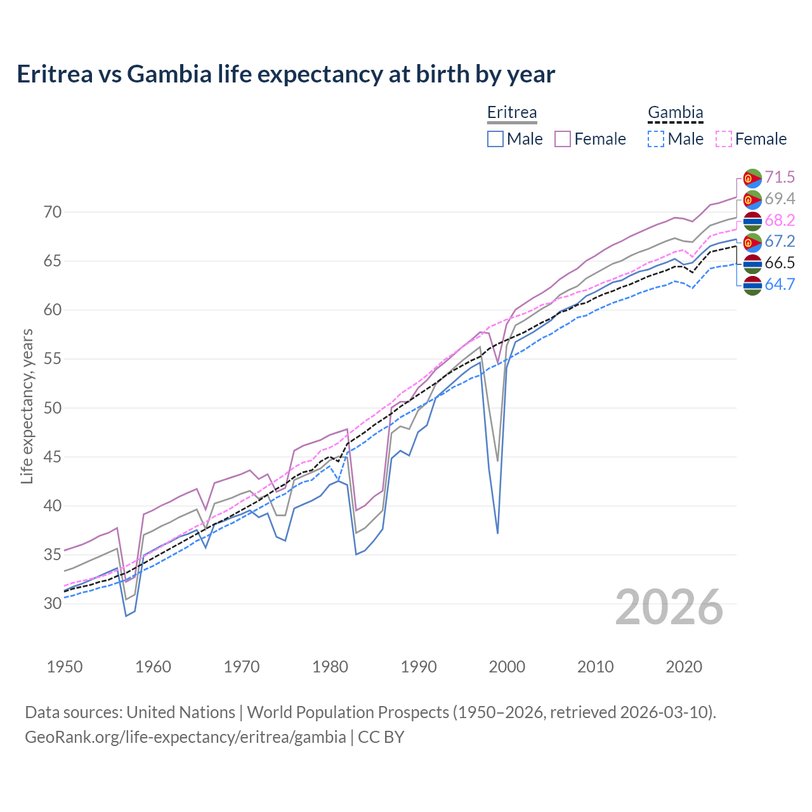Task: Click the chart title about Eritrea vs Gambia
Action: click(x=285, y=74)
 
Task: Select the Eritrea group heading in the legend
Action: click(x=512, y=113)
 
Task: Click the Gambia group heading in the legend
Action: click(x=675, y=113)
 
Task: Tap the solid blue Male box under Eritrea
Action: click(x=495, y=139)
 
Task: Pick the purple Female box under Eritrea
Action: click(x=563, y=139)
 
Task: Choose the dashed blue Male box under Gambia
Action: click(x=656, y=139)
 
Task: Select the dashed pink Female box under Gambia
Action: click(x=724, y=139)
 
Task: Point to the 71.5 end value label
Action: click(x=780, y=178)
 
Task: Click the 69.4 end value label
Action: click(x=780, y=199)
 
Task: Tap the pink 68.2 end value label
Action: click(x=780, y=221)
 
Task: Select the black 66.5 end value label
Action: click(x=780, y=263)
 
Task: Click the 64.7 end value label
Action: click(x=780, y=285)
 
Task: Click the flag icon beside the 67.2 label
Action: click(x=752, y=242)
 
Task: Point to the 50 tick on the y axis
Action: click(x=53, y=408)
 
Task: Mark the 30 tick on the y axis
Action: click(x=53, y=603)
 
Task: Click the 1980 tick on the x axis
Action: click(x=330, y=667)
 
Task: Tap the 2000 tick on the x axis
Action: click(x=507, y=667)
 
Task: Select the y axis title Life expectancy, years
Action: click(x=27, y=406)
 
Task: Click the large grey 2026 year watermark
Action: click(x=669, y=608)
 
